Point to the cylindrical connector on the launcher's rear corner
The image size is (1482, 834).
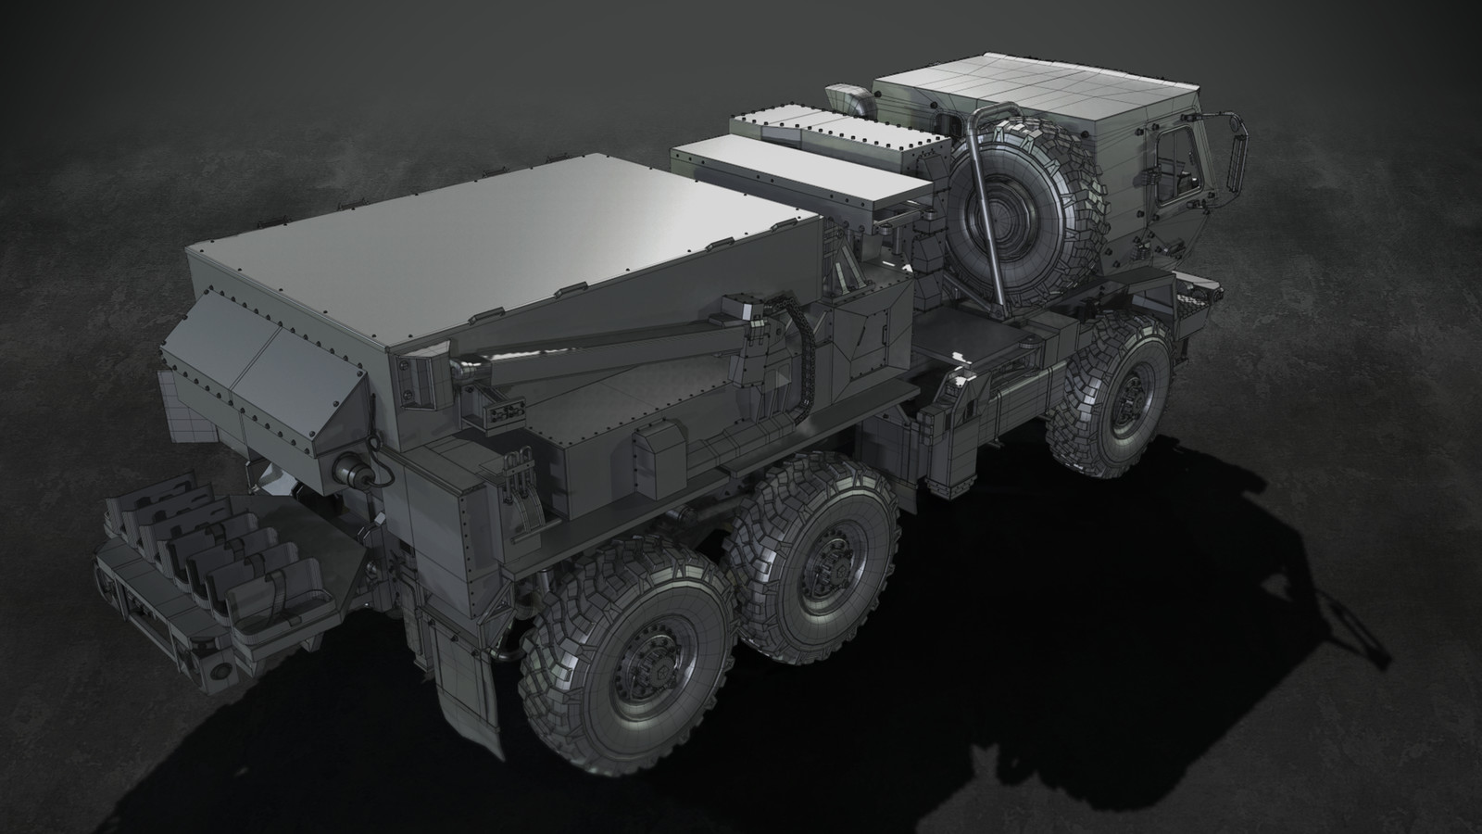coord(357,472)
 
